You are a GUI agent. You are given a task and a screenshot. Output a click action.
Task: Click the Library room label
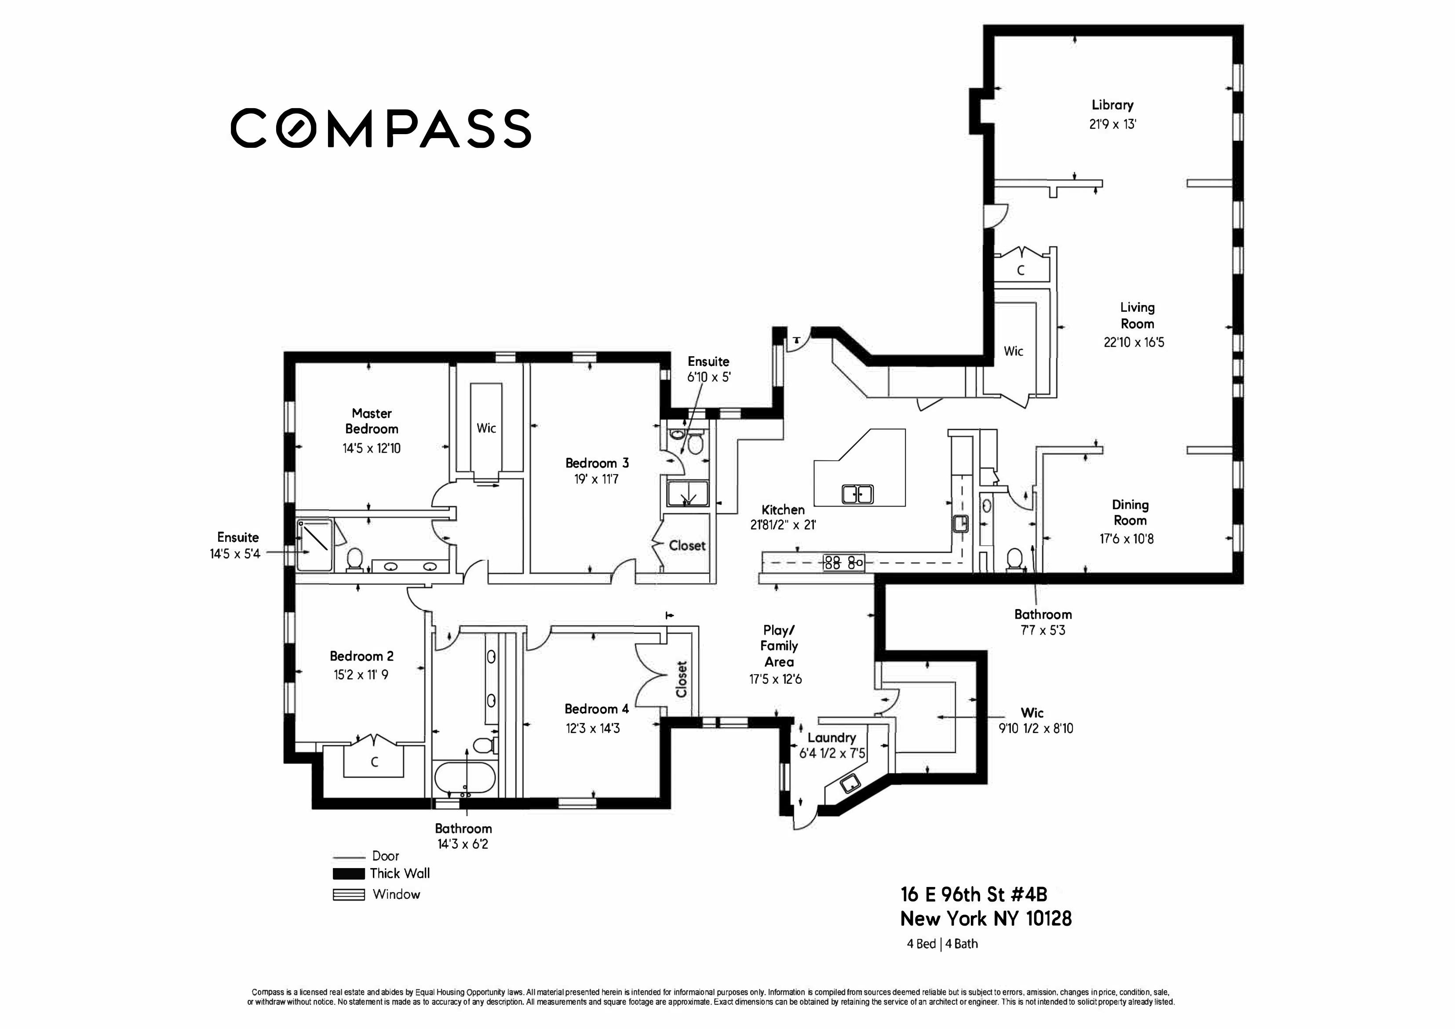[x=1112, y=105]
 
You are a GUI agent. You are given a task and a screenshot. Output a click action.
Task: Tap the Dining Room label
[x=1130, y=513]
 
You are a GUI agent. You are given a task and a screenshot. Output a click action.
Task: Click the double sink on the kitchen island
[x=857, y=493]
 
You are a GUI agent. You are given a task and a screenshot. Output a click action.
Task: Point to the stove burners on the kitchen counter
[x=843, y=562]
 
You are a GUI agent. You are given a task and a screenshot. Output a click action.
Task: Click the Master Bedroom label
[x=372, y=421]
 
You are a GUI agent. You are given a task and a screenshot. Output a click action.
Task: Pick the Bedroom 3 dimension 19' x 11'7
[x=596, y=480]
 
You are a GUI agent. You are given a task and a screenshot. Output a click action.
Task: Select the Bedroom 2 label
[x=361, y=657]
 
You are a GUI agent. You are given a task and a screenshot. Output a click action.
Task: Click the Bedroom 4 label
[x=596, y=709]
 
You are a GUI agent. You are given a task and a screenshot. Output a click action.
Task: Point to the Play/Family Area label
[x=779, y=646]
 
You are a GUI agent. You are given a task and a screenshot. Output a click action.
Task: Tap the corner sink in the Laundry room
[x=849, y=784]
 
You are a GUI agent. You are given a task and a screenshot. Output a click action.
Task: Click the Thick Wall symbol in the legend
[x=349, y=874]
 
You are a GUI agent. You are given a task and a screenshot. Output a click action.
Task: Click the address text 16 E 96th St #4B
[x=974, y=895]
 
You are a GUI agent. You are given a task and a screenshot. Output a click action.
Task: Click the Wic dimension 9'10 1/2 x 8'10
[x=1036, y=729]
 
